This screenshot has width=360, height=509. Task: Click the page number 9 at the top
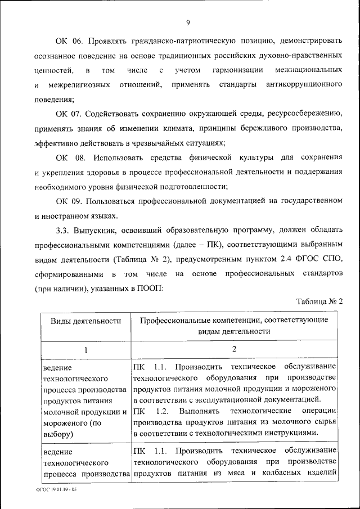[x=188, y=22]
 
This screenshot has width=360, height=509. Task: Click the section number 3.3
[x=64, y=230]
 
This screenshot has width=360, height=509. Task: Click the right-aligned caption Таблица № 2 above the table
[x=319, y=302]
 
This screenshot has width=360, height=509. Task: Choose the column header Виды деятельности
[x=85, y=321]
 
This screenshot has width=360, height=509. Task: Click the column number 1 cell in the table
[x=85, y=349]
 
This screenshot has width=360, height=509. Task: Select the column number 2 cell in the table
[x=233, y=349]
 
